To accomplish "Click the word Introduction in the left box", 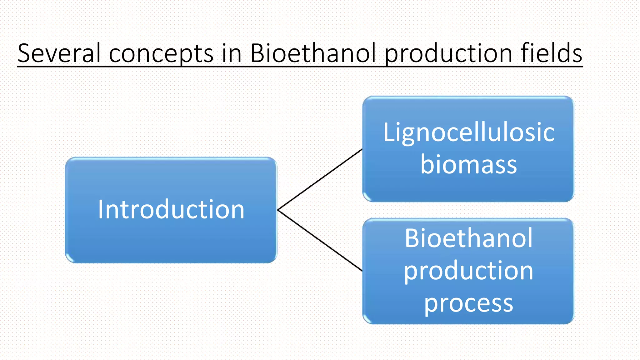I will [x=171, y=209].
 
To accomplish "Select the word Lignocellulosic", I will [x=469, y=132].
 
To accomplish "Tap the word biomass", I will [x=468, y=164].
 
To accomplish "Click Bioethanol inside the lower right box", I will [x=468, y=238].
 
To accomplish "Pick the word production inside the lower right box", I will [x=468, y=271].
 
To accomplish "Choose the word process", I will [x=468, y=303].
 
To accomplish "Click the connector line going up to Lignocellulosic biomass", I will [x=320, y=179].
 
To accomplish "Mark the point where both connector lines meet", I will [x=278, y=210].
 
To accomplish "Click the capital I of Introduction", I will [x=101, y=209].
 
